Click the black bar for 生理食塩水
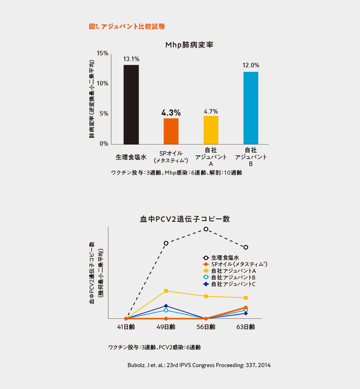click(131, 104)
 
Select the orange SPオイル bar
click(171, 131)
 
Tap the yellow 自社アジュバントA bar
click(211, 130)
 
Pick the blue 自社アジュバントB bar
click(251, 108)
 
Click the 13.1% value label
click(131, 59)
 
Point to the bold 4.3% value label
click(171, 113)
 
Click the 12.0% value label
click(251, 65)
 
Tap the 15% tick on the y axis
click(102, 53)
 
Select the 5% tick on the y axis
click(104, 114)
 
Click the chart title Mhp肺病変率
click(189, 45)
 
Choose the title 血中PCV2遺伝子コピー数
click(185, 219)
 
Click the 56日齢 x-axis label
click(206, 327)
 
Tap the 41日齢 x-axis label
click(126, 327)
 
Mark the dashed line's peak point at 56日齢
click(206, 229)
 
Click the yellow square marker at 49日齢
click(166, 291)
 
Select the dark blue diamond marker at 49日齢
click(166, 306)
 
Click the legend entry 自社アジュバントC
click(233, 284)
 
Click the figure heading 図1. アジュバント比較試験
click(127, 26)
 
